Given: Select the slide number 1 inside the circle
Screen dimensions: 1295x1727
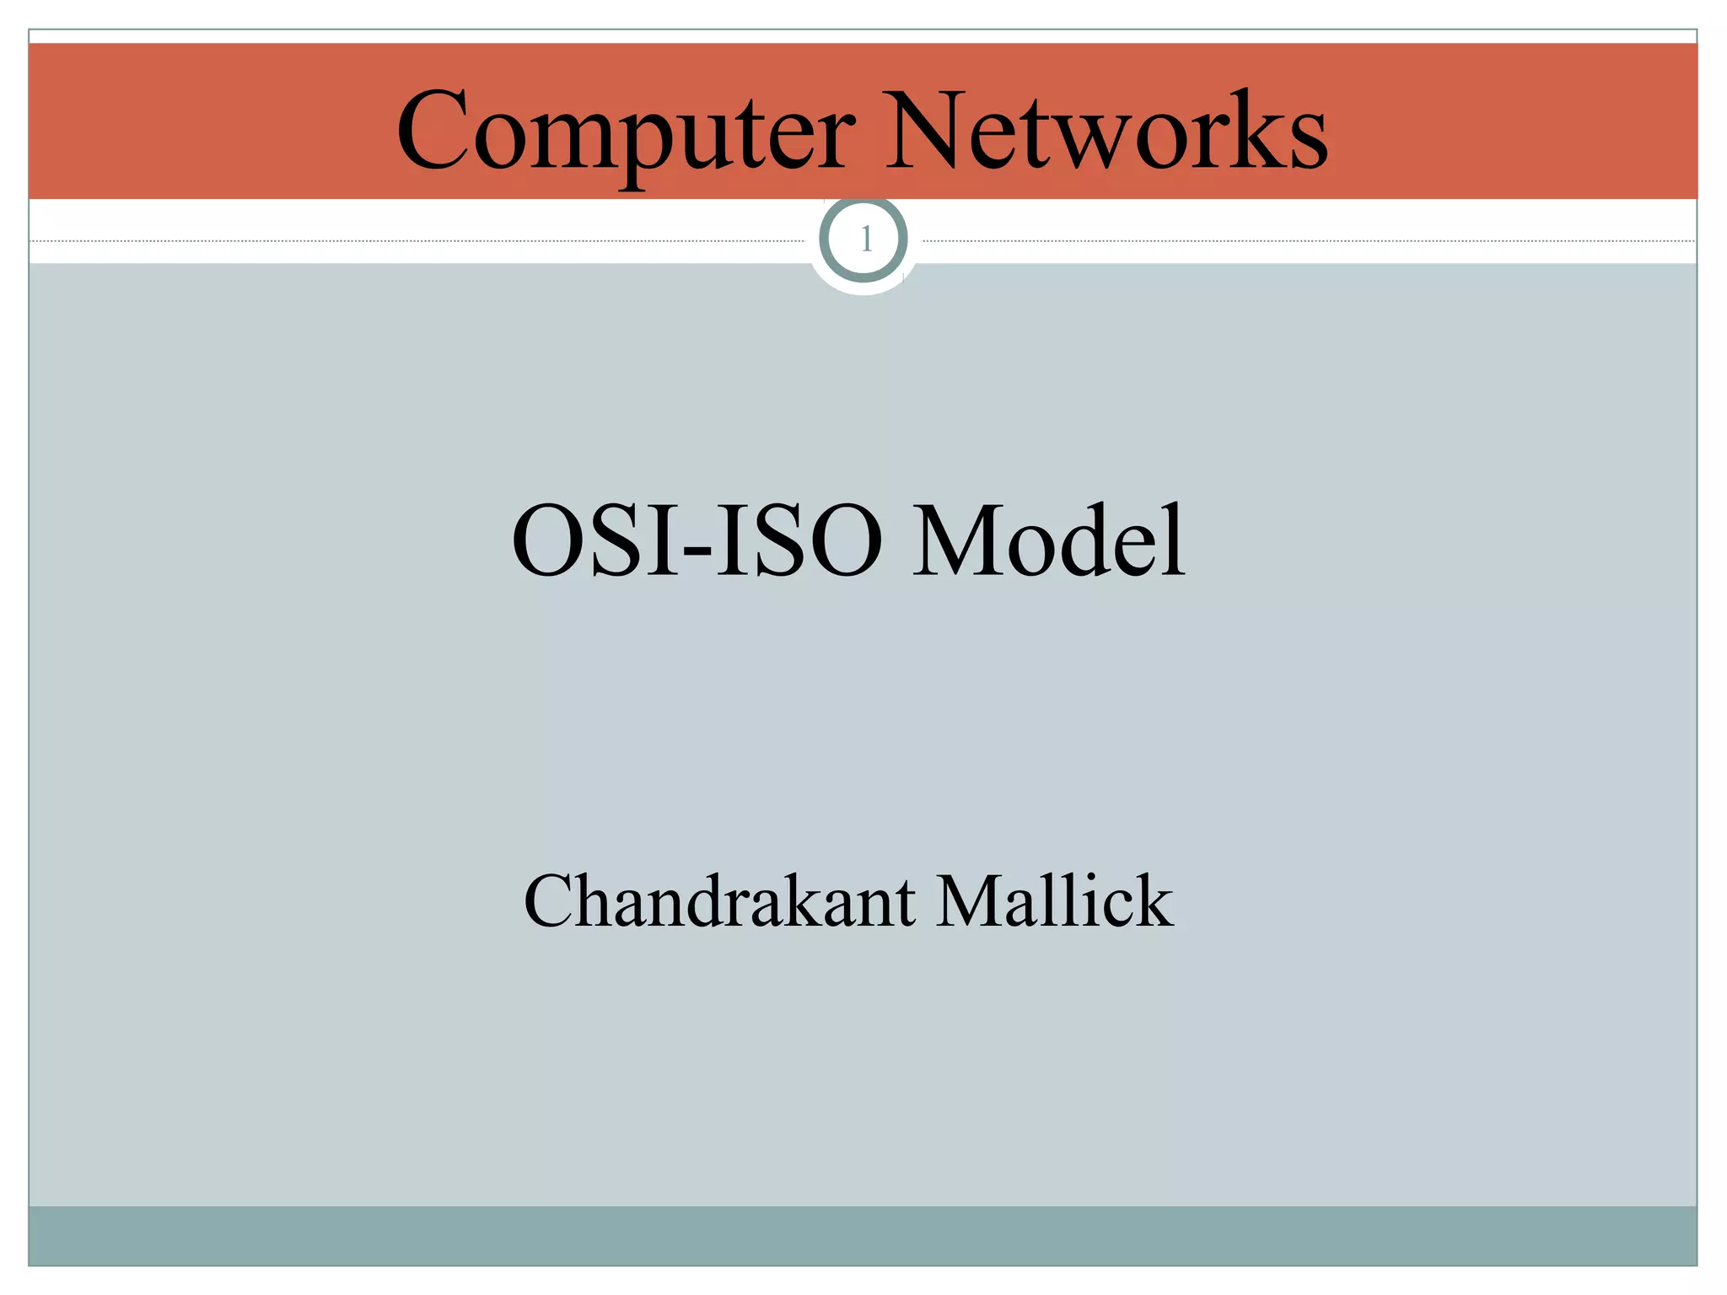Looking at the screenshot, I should click(x=865, y=240).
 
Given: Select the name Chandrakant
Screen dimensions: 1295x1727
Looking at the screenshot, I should click(x=719, y=901).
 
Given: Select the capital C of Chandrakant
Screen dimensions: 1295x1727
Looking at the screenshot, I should click(x=551, y=901).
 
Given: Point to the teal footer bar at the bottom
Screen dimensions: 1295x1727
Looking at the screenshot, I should click(x=863, y=1235).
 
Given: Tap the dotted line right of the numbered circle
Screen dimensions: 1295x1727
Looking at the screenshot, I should click(x=1307, y=241).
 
